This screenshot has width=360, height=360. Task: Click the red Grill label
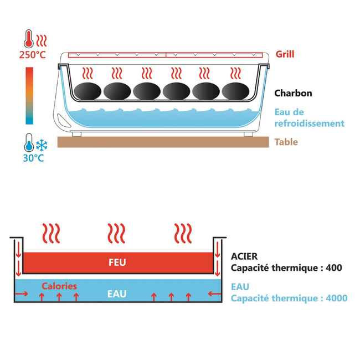click(x=285, y=54)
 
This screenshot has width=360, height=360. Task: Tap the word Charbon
click(x=293, y=93)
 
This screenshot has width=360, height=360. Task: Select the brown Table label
click(x=286, y=142)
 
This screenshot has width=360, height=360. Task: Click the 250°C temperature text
click(x=32, y=54)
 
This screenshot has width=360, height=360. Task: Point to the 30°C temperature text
click(x=33, y=158)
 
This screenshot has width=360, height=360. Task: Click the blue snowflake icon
click(x=42, y=145)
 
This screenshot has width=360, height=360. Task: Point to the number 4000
click(x=336, y=299)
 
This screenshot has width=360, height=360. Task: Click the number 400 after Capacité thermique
click(x=335, y=268)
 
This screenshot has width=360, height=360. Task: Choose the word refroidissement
click(x=309, y=123)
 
